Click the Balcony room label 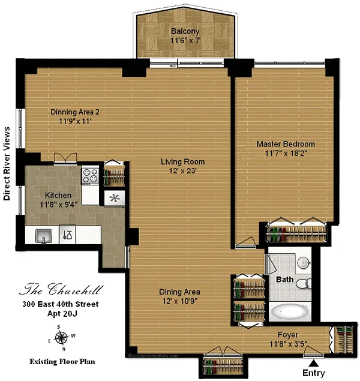pos(185,31)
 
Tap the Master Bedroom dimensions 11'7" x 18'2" pos(286,154)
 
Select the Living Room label pos(182,162)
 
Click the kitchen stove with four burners pos(90,176)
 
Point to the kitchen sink pos(44,236)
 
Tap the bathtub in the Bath pos(290,312)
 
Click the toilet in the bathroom pos(304,284)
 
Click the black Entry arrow pos(313,363)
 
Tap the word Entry pos(314,373)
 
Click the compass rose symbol pos(61,338)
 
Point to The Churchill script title pos(61,289)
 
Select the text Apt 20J pos(62,314)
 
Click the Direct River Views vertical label pos(7,164)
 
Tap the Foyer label pos(288,335)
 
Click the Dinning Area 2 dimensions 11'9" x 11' pos(76,121)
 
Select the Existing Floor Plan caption pos(62,362)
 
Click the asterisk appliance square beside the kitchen pos(115,198)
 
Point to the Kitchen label pos(58,196)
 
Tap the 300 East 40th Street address pos(61,304)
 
